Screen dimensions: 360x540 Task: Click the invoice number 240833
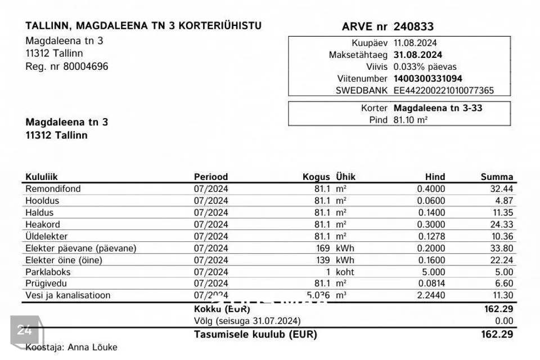pyautogui.click(x=413, y=26)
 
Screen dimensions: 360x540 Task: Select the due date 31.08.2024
pyautogui.click(x=418, y=55)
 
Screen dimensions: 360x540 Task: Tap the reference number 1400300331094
pyautogui.click(x=428, y=78)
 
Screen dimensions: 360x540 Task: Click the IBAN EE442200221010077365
pyautogui.click(x=444, y=90)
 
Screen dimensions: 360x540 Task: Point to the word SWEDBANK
pyautogui.click(x=362, y=90)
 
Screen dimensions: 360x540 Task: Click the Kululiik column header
pyautogui.click(x=42, y=177)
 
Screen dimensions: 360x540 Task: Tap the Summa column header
pyautogui.click(x=497, y=177)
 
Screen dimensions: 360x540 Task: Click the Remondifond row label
pyautogui.click(x=53, y=189)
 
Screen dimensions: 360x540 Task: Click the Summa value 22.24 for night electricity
pyautogui.click(x=501, y=260)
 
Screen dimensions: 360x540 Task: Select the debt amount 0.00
pyautogui.click(x=505, y=321)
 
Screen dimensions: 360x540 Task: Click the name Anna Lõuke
pyautogui.click(x=92, y=347)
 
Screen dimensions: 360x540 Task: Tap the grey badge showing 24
pyautogui.click(x=25, y=330)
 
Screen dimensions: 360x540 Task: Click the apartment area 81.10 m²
pyautogui.click(x=411, y=120)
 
